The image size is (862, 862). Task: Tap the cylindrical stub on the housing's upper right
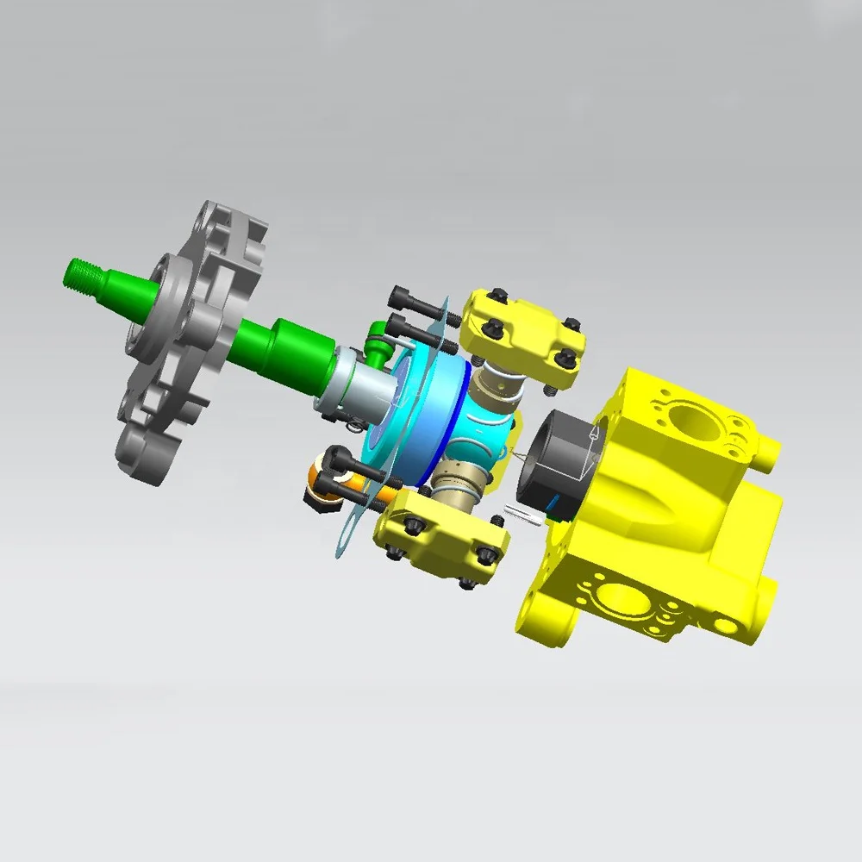click(769, 452)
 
